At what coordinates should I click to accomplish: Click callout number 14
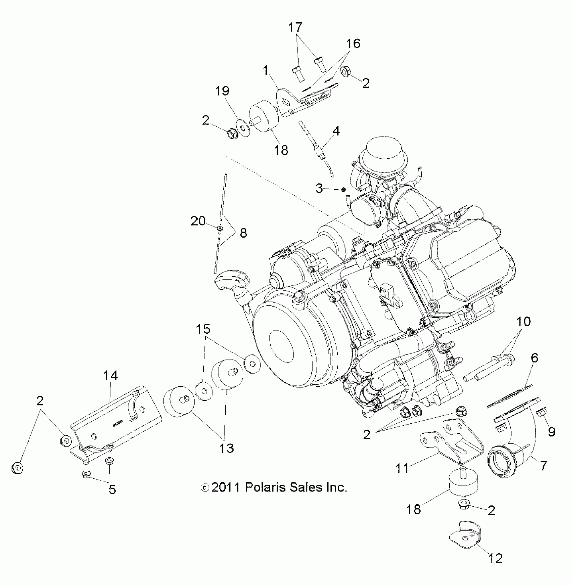tap(110, 376)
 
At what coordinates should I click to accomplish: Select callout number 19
tap(222, 91)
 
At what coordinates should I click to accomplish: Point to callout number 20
tap(198, 221)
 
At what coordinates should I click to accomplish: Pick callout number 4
tap(336, 131)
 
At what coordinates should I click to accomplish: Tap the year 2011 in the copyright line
tap(225, 487)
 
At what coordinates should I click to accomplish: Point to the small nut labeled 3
tap(343, 189)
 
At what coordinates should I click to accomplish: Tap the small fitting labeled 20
tap(220, 229)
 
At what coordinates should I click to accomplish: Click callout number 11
tap(402, 468)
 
